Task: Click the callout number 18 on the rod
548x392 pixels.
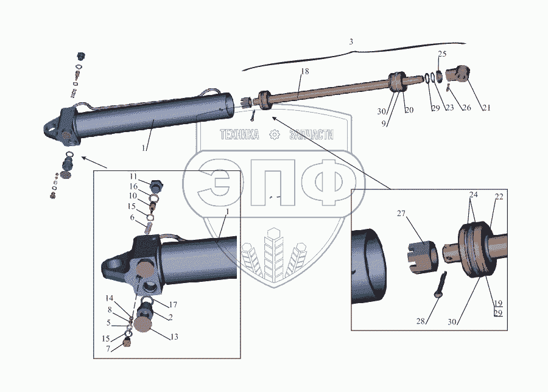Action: pyautogui.click(x=304, y=71)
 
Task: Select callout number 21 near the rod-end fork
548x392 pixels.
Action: pyautogui.click(x=485, y=108)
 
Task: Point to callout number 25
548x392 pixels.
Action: pyautogui.click(x=442, y=54)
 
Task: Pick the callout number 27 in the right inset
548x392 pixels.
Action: pyautogui.click(x=401, y=214)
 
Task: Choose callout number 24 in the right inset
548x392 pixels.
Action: pyautogui.click(x=472, y=195)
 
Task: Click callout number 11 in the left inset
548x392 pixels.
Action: pyautogui.click(x=133, y=177)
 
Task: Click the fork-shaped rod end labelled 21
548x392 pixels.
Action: pyautogui.click(x=459, y=74)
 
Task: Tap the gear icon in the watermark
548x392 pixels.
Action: pyautogui.click(x=275, y=135)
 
